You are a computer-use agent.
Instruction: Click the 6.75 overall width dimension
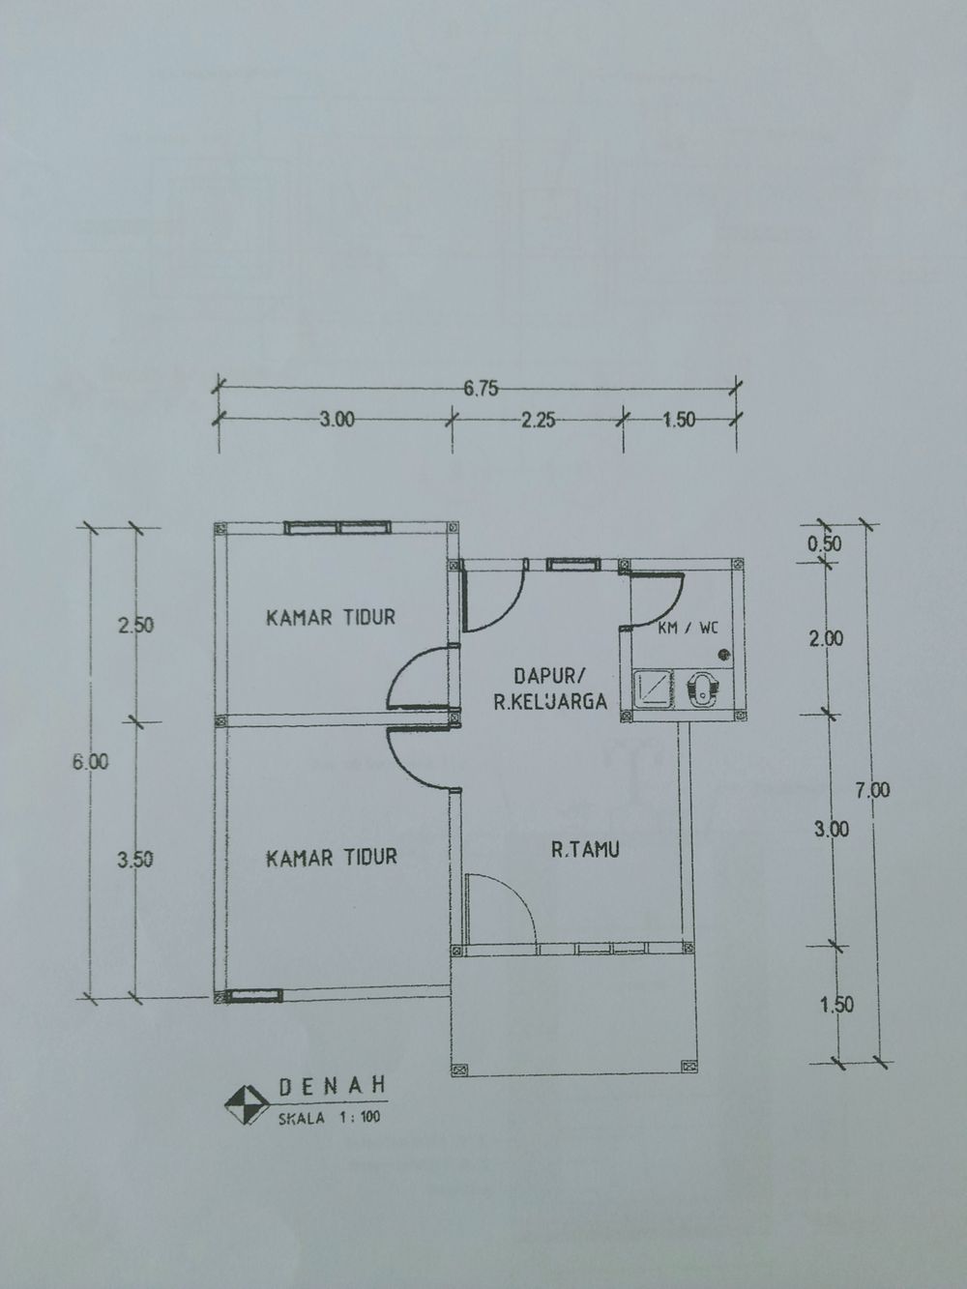481,389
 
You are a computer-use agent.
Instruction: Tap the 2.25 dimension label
539,421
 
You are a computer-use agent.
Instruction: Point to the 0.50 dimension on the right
824,543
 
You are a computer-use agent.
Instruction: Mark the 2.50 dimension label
135,625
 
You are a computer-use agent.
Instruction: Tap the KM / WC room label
688,629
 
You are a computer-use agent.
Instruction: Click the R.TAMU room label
585,851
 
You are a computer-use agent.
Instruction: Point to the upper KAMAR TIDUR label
331,617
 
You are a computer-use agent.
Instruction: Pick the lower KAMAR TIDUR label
331,857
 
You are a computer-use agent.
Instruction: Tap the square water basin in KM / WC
653,688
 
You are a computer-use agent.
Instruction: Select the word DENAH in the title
332,1086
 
